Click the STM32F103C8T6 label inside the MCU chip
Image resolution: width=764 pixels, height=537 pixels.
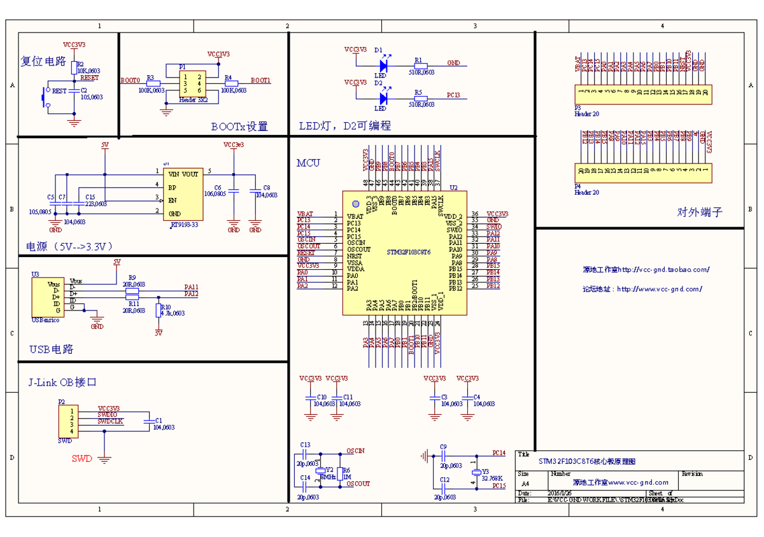[409, 253]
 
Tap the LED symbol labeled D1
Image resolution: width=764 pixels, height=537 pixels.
[383, 64]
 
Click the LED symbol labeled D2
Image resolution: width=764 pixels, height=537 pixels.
[383, 98]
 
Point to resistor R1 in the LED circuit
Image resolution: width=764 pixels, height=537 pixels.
[419, 65]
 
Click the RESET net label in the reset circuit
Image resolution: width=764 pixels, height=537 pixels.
[90, 78]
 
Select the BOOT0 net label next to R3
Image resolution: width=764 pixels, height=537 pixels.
[130, 81]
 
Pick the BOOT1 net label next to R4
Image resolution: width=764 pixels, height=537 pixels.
[260, 81]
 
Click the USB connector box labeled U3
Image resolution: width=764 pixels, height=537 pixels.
[48, 297]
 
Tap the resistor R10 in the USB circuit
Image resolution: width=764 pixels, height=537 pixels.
[159, 310]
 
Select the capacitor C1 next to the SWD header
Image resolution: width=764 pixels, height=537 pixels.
[149, 421]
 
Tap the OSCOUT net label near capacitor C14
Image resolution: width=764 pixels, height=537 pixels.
[358, 484]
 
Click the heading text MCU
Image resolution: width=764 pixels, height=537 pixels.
[308, 163]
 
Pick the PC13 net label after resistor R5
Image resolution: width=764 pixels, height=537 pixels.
[453, 95]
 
